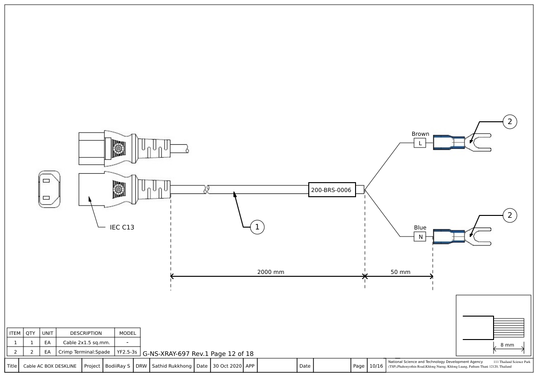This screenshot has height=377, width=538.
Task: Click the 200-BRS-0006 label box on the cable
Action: tap(332, 190)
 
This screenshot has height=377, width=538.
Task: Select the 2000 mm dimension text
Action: tap(270, 272)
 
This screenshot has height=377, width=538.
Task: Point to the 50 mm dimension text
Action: tap(400, 272)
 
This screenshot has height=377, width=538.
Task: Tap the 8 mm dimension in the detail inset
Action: tap(508, 345)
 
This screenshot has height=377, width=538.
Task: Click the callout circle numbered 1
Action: tap(257, 227)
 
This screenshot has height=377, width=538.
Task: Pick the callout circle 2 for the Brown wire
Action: tap(510, 122)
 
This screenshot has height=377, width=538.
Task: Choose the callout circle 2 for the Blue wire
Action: tap(510, 215)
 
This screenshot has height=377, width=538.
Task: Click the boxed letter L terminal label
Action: tap(420, 143)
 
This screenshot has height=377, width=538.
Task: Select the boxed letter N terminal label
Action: tap(420, 237)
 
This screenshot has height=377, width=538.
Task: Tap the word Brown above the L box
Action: tap(420, 134)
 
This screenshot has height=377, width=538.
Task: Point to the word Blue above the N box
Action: tap(420, 228)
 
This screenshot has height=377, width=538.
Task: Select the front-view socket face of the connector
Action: tap(49, 189)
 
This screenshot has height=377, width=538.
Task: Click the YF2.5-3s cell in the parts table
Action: tap(127, 351)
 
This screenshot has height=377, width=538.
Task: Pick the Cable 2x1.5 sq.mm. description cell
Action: tap(86, 342)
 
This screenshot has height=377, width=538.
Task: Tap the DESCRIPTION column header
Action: tap(86, 333)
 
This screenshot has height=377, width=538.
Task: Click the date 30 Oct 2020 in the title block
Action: tap(226, 366)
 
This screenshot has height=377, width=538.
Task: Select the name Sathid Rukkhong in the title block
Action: tap(171, 366)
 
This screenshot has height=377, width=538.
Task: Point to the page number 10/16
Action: tap(376, 366)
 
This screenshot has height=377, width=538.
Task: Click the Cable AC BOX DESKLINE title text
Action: tap(50, 366)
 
